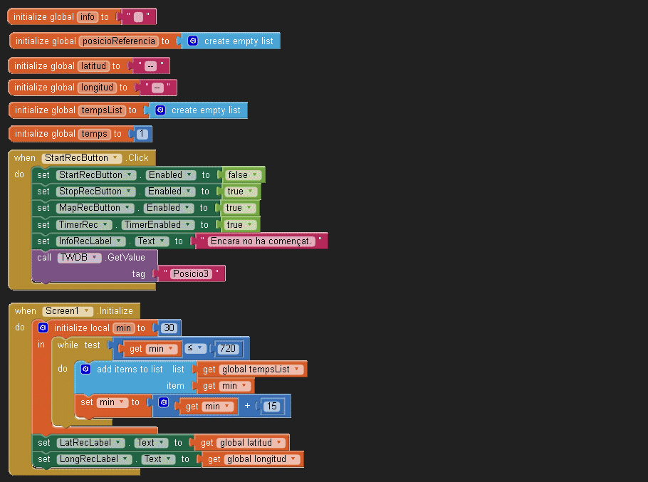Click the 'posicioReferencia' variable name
119,41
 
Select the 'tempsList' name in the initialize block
102,110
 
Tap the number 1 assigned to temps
142,134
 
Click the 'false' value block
243,175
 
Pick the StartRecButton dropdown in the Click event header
81,158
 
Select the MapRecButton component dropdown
95,208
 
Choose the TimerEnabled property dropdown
158,225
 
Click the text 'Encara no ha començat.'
261,241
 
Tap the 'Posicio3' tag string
191,274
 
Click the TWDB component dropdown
79,258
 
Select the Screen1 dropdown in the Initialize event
68,311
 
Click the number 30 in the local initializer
169,328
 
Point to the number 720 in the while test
228,349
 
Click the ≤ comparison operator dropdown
195,348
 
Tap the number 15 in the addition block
271,407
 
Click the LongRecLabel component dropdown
94,459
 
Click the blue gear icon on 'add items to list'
85,369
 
